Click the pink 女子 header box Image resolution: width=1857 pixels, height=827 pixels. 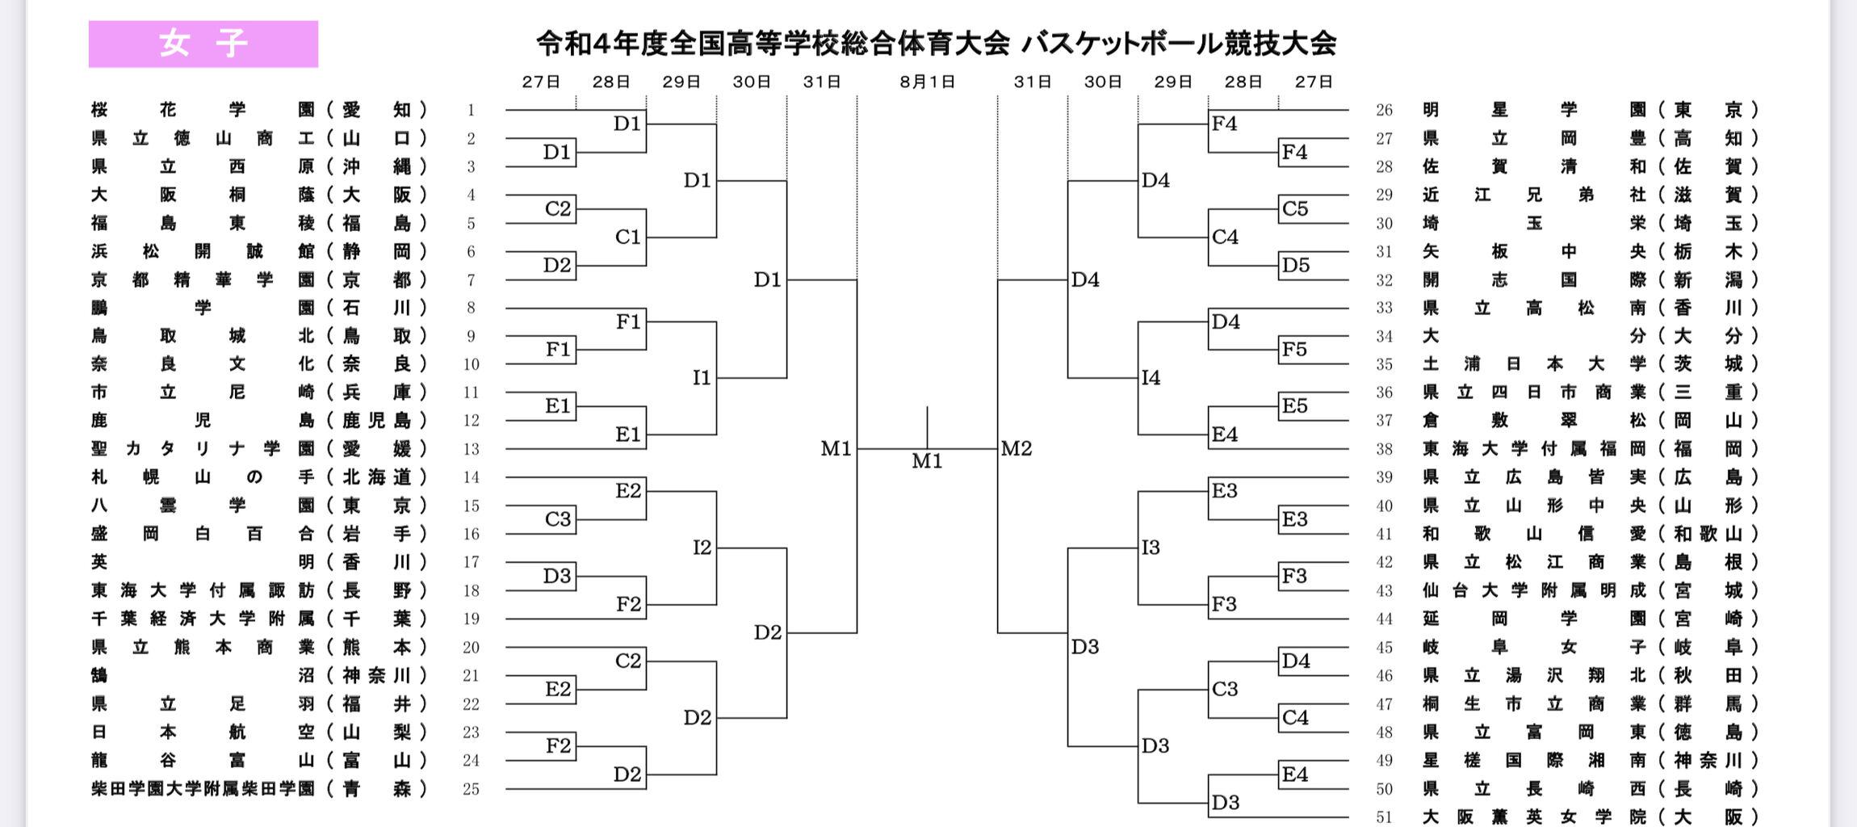point(203,44)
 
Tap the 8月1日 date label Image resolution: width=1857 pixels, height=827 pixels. point(927,82)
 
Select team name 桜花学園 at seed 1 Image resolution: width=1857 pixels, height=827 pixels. point(203,110)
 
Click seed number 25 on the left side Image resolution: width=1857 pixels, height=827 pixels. point(471,789)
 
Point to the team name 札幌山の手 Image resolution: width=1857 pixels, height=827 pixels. point(203,477)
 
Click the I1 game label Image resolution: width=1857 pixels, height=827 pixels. point(702,377)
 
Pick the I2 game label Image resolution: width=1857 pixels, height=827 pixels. point(702,548)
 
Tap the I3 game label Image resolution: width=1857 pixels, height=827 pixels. point(1151,548)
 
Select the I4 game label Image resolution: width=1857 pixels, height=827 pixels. point(1151,377)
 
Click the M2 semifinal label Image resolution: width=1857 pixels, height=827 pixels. point(1017,448)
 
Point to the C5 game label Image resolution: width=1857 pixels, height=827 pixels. point(1294,208)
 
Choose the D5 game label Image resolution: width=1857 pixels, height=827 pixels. point(1295,265)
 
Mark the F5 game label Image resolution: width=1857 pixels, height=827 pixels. point(1293,350)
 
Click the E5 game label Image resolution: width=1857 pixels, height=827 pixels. point(1294,405)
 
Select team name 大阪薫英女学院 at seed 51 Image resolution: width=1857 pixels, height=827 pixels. point(1534,817)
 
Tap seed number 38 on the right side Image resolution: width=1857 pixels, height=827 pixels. point(1384,449)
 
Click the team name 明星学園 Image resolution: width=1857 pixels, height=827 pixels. point(1534,110)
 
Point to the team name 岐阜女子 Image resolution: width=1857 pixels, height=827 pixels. point(1534,647)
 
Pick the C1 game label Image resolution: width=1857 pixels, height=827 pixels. point(627,237)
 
